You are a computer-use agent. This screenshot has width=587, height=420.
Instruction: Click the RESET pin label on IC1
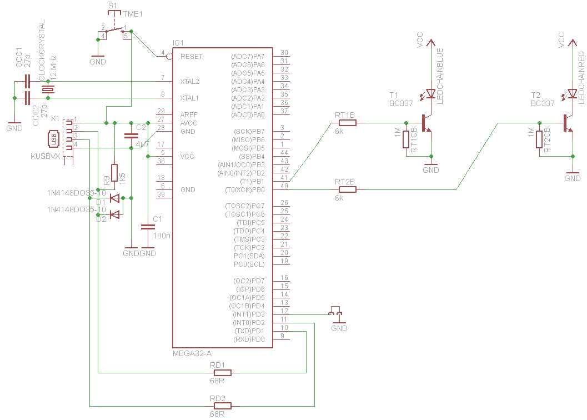click(192, 57)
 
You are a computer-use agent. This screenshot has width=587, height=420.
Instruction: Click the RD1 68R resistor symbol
click(222, 373)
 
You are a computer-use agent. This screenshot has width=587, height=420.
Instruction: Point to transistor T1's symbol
click(427, 123)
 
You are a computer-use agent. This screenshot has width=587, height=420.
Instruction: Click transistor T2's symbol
click(568, 123)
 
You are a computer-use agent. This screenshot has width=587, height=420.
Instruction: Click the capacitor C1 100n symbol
click(148, 227)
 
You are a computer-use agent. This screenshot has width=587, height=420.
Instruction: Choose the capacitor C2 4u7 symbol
click(131, 135)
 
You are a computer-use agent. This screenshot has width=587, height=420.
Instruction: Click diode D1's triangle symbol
click(114, 197)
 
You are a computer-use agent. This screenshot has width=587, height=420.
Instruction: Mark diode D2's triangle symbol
click(114, 214)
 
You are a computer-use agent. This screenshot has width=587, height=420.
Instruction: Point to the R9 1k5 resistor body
click(114, 173)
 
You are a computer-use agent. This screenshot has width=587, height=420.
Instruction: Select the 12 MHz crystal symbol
click(49, 90)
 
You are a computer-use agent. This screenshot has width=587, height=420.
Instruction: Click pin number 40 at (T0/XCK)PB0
click(284, 186)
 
